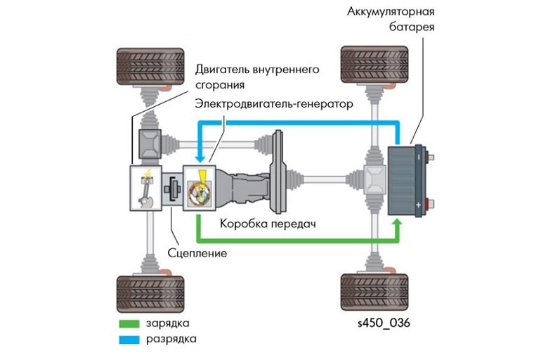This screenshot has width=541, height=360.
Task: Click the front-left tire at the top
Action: click(150, 67)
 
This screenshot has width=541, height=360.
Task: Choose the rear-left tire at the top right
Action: click(371, 67)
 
